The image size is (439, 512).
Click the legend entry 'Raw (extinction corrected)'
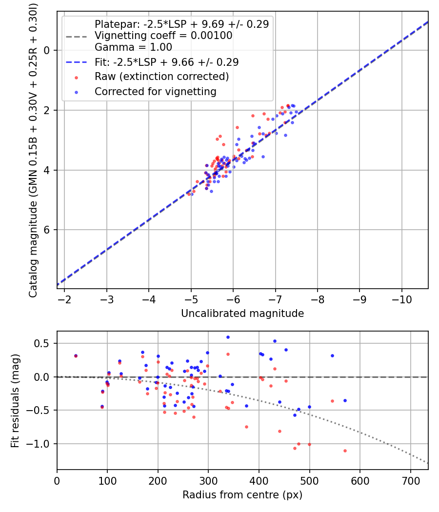pyautogui.click(x=161, y=77)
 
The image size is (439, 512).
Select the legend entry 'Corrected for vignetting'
pyautogui.click(x=155, y=91)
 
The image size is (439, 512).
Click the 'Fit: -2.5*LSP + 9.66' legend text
pyautogui.click(x=166, y=62)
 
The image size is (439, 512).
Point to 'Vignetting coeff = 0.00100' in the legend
pyautogui.click(x=163, y=36)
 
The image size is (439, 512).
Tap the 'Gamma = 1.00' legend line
pyautogui.click(x=133, y=47)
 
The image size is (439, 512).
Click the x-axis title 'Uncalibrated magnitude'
pyautogui.click(x=242, y=314)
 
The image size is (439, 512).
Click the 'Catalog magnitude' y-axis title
pyautogui.click(x=33, y=149)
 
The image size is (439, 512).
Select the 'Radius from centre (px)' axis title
pyautogui.click(x=242, y=495)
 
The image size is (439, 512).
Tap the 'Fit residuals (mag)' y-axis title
pyautogui.click(x=15, y=400)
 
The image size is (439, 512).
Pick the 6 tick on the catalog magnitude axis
pyautogui.click(x=47, y=230)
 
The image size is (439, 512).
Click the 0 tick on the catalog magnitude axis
pyautogui.click(x=47, y=50)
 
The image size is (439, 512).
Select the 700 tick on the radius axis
pyautogui.click(x=410, y=480)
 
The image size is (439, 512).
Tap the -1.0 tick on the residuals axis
pyautogui.click(x=41, y=444)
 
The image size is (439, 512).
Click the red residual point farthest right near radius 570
pyautogui.click(x=345, y=451)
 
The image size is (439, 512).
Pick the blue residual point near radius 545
pyautogui.click(x=332, y=355)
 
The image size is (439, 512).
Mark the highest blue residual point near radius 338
pyautogui.click(x=228, y=337)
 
